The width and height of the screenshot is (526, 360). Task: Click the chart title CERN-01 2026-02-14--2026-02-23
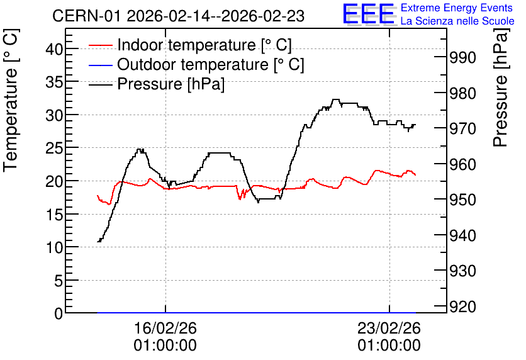coord(178,16)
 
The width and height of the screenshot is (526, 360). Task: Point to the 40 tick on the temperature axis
coord(54,49)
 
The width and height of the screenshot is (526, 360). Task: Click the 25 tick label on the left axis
coord(54,149)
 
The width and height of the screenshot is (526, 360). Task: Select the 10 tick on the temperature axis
coord(54,247)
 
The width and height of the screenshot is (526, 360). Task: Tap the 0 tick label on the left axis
coord(59,313)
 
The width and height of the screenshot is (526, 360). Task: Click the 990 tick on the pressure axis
coord(462,57)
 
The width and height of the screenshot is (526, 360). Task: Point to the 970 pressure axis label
coord(462,129)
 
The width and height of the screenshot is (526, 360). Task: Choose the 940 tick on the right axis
coord(462,235)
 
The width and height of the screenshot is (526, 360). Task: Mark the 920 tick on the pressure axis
coord(462,307)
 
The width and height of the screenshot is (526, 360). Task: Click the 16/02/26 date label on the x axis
coord(165,328)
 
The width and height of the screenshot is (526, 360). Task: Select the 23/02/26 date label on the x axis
coord(389,328)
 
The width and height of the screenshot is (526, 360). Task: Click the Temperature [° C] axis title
coord(11,100)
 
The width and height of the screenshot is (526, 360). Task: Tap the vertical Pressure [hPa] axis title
coord(500,87)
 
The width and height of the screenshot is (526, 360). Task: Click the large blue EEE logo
coord(369,14)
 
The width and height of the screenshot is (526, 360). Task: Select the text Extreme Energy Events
coord(457,8)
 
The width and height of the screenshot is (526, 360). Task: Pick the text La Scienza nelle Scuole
coord(457,21)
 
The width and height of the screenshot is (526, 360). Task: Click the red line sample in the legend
coord(100,45)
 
